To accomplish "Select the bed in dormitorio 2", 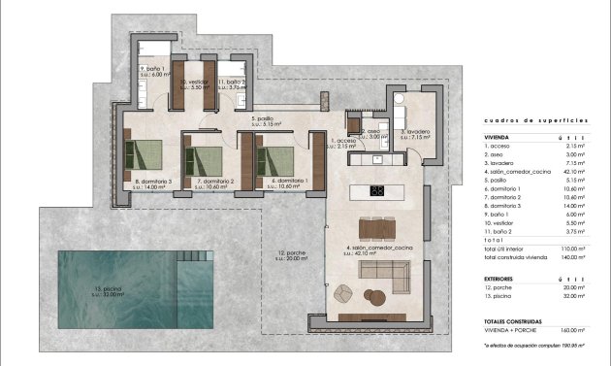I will (208, 157).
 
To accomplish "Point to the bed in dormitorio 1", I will (276, 157).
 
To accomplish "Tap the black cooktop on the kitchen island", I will (376, 189).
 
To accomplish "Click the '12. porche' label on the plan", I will (290, 253).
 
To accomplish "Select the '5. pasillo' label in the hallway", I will (265, 120).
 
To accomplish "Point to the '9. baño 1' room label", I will (154, 69).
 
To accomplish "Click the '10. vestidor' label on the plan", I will (197, 83).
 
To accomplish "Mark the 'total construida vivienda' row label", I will (521, 257).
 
